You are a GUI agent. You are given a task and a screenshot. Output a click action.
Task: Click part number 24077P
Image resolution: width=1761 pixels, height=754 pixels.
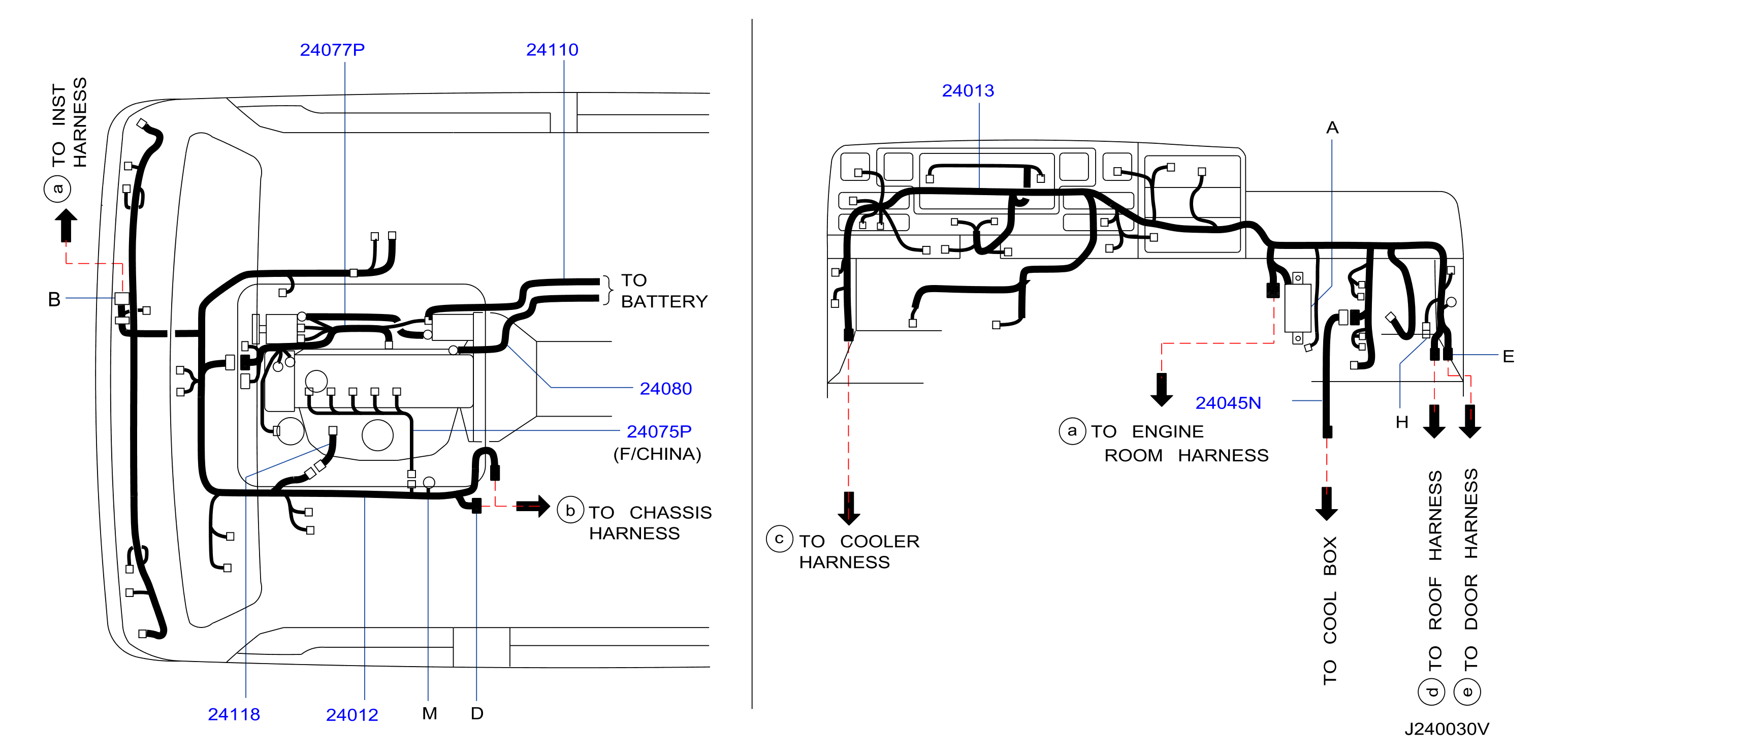tap(332, 50)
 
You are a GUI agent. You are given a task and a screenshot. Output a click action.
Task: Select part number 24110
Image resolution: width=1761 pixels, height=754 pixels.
tap(552, 50)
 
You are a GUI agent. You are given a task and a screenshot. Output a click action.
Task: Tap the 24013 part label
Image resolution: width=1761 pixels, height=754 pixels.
tap(968, 91)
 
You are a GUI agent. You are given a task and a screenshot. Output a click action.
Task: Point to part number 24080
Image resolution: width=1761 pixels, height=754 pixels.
tap(665, 389)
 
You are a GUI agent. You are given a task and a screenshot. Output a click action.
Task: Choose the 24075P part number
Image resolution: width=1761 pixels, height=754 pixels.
tap(659, 432)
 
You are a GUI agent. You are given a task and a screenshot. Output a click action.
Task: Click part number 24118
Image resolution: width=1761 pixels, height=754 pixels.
tap(234, 714)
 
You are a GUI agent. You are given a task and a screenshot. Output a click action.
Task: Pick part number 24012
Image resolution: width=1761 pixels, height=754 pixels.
tap(352, 715)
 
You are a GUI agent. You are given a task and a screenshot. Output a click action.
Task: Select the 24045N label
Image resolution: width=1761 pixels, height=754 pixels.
tap(1228, 403)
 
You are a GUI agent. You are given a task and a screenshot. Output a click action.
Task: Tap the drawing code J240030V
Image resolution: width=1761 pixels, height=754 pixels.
tap(1447, 730)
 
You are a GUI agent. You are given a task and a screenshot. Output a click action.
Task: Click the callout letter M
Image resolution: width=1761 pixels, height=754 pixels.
tap(429, 714)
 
